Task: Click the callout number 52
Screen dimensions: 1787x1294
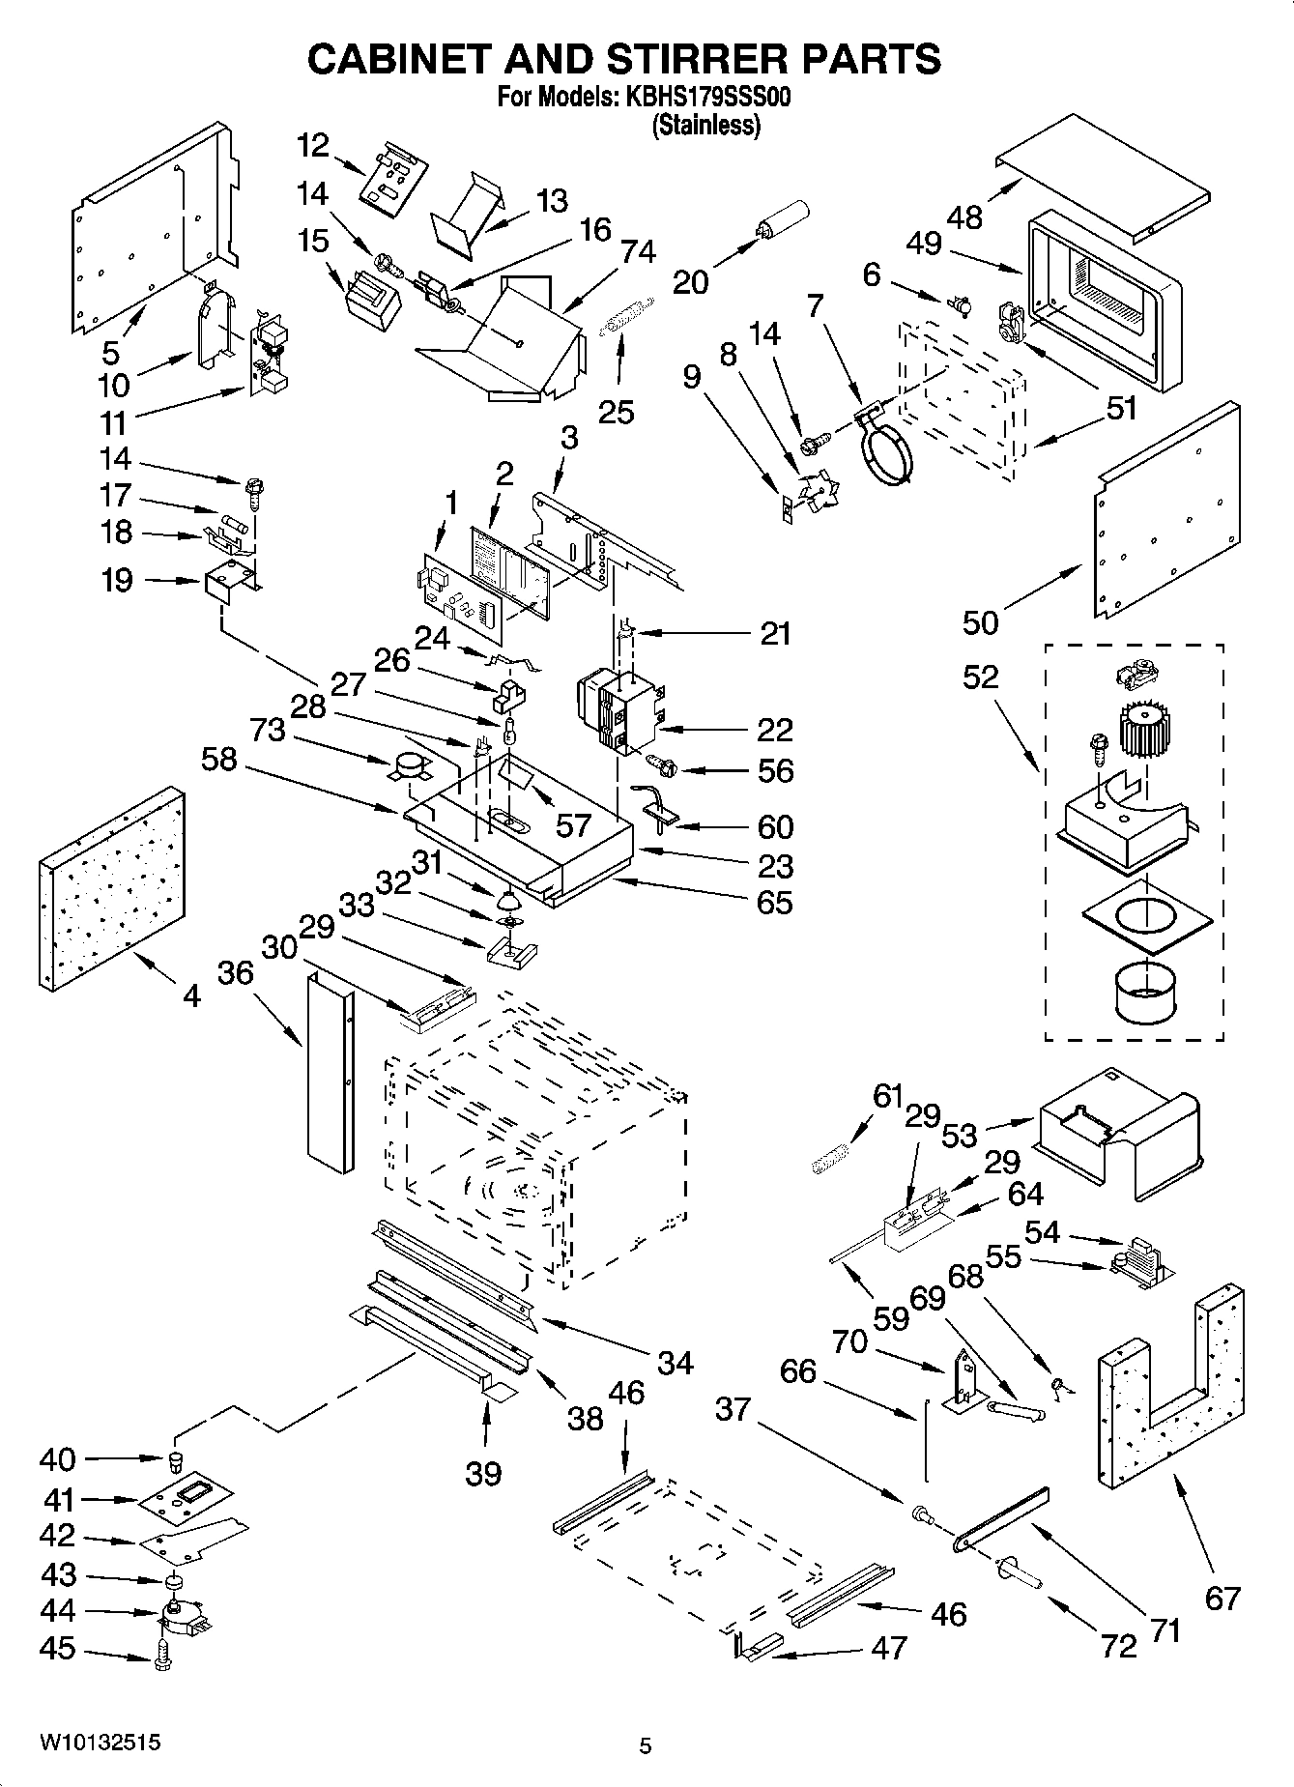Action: click(980, 677)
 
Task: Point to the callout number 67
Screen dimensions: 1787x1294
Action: click(1222, 1598)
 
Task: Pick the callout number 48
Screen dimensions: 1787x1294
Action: click(963, 217)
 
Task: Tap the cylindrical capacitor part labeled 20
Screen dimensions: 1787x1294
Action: click(784, 220)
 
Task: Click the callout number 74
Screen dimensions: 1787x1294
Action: click(639, 251)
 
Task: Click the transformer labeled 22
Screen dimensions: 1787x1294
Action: click(619, 714)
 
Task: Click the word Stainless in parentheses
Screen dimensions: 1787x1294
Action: click(707, 125)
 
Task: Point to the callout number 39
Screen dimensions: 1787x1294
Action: click(483, 1474)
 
